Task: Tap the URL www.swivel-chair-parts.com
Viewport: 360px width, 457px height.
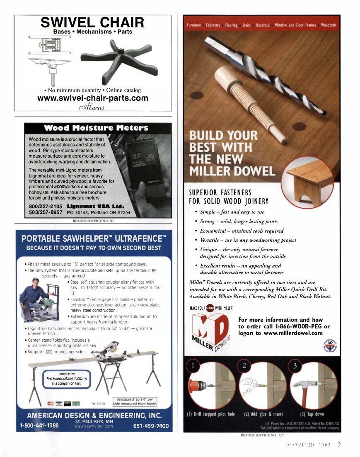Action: tap(92, 98)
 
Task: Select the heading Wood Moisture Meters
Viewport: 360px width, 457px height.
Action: tap(96, 128)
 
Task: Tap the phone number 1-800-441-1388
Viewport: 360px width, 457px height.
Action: tap(39, 425)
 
